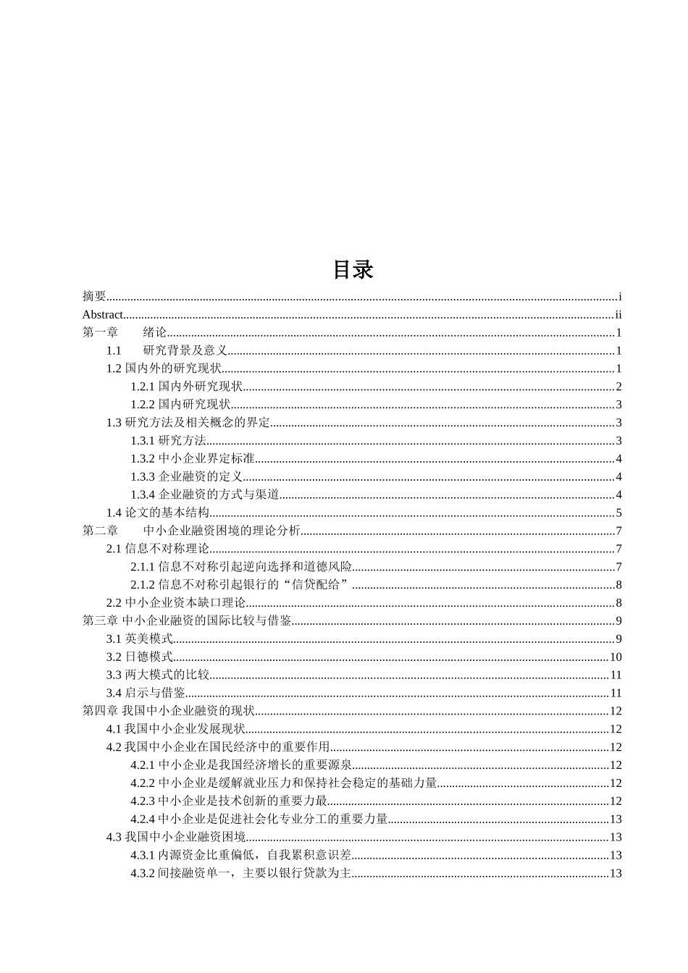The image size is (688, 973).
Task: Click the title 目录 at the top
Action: (x=353, y=269)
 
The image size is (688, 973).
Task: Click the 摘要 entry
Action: (x=94, y=296)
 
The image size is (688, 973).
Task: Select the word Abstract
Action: (x=103, y=314)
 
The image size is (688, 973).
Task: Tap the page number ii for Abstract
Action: (x=618, y=314)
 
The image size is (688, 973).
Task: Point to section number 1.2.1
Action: (x=143, y=387)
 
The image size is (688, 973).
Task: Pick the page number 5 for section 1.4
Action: (x=619, y=513)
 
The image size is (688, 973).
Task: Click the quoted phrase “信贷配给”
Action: (x=319, y=585)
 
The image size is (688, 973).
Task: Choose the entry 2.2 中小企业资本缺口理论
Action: (x=176, y=603)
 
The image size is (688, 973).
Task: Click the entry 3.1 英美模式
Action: (x=140, y=639)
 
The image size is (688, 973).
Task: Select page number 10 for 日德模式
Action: (x=616, y=657)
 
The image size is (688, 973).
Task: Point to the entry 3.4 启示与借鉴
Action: (x=146, y=693)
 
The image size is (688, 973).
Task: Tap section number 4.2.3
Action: (x=143, y=801)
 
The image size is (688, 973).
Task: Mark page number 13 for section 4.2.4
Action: (x=616, y=819)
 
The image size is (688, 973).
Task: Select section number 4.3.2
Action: (x=143, y=873)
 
